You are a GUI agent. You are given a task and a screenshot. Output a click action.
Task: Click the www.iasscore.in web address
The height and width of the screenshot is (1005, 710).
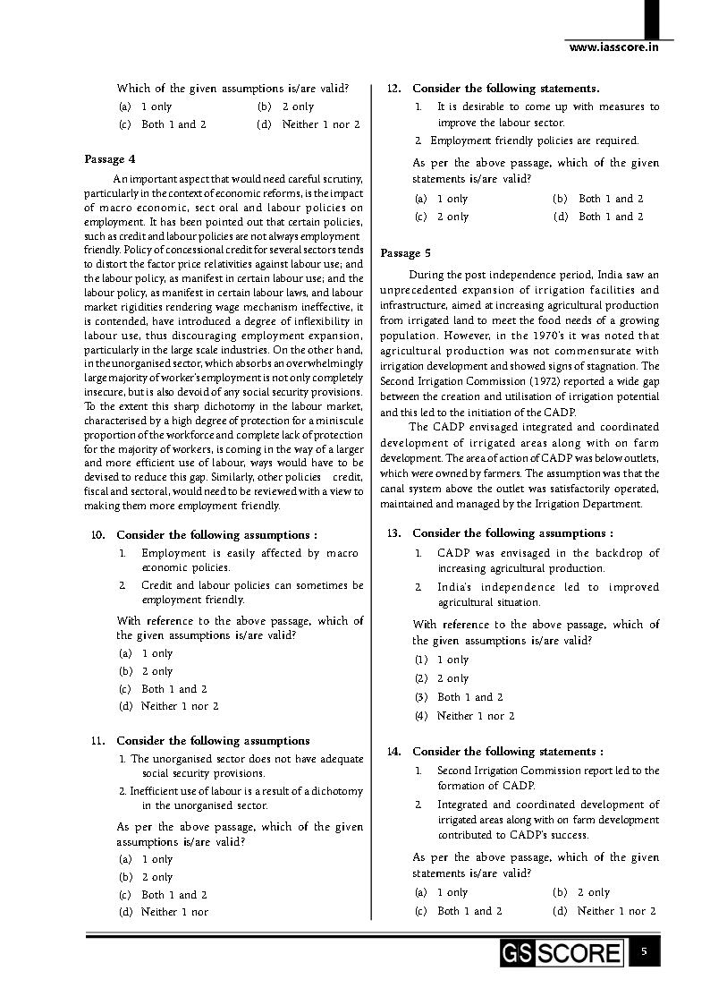613,47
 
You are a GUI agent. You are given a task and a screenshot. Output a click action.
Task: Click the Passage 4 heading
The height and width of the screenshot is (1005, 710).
110,159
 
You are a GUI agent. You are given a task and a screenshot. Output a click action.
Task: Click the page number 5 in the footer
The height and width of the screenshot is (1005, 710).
644,951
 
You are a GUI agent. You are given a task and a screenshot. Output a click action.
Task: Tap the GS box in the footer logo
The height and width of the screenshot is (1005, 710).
517,952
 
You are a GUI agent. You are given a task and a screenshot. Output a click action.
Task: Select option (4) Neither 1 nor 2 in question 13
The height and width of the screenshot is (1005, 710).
464,716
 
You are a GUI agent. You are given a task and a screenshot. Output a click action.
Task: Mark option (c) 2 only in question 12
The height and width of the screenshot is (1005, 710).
442,217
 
